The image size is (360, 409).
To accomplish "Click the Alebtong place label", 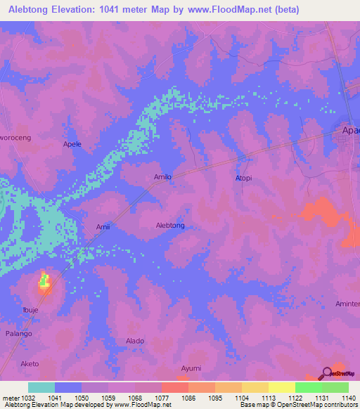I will [x=169, y=226].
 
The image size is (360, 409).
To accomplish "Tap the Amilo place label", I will [x=162, y=177].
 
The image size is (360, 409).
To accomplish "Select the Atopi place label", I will [x=243, y=178].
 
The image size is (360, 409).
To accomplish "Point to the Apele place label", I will [x=72, y=144].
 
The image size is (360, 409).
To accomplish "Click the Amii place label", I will [x=103, y=227].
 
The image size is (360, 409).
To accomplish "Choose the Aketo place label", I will [x=30, y=363].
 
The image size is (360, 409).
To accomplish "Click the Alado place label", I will [x=135, y=340].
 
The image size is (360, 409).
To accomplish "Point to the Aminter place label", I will [x=347, y=304].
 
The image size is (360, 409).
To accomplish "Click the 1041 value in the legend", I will [x=55, y=398].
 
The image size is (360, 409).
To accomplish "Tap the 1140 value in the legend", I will [x=348, y=398].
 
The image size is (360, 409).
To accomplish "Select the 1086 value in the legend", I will [x=188, y=398].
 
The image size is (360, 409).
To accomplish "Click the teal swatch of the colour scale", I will [x=41, y=387].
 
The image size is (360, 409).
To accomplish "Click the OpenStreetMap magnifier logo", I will [x=328, y=373].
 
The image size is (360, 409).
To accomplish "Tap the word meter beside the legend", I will [x=11, y=398].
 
